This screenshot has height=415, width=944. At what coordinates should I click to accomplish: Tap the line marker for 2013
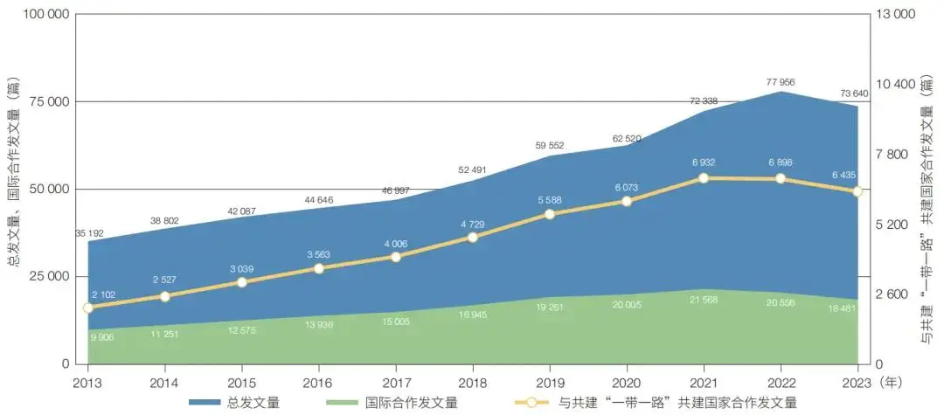click(87, 308)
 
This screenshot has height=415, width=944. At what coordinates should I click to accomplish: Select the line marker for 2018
click(473, 237)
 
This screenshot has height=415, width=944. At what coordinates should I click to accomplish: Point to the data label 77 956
click(781, 82)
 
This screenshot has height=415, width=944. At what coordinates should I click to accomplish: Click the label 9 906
click(104, 337)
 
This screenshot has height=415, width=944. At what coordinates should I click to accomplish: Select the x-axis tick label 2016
click(319, 382)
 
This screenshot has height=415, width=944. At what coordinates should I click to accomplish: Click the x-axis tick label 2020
click(627, 382)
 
